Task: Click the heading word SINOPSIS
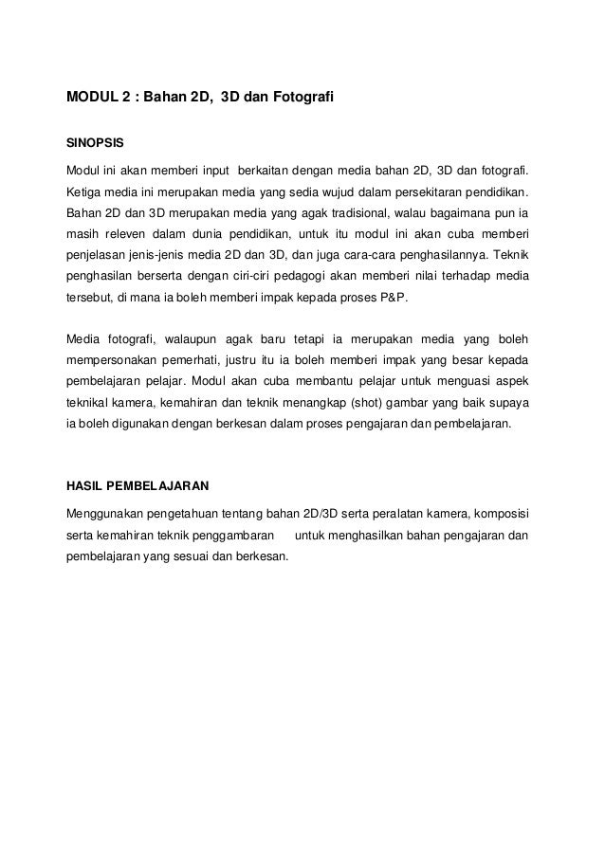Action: coord(94,144)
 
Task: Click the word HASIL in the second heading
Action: coord(82,486)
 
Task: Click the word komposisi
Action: coord(499,514)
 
